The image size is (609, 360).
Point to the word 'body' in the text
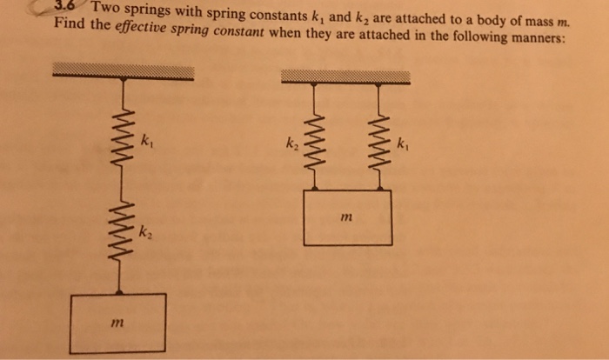point(482,19)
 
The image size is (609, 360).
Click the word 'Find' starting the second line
point(69,23)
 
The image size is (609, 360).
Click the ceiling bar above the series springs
point(122,70)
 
